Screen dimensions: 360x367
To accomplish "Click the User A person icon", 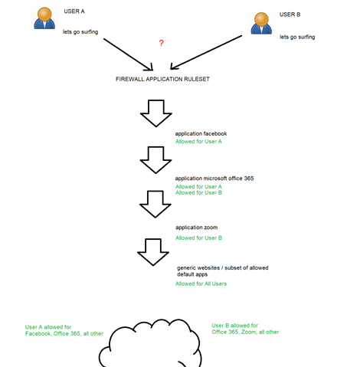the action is click(x=44, y=18).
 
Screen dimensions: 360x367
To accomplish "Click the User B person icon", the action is click(x=261, y=23).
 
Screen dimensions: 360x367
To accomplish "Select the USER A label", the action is click(x=74, y=11).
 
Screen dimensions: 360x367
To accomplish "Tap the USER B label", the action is click(x=290, y=15).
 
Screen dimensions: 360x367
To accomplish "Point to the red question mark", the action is click(x=161, y=43).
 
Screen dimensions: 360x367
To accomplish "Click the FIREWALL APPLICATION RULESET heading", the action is click(x=162, y=79).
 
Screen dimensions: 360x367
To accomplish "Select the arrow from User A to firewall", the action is click(x=128, y=54).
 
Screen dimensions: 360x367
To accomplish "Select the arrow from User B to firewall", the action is click(x=206, y=52).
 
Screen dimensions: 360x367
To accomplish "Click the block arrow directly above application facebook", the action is click(x=156, y=113).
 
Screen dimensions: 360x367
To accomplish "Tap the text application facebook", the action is click(x=201, y=133).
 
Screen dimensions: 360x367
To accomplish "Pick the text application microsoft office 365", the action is click(x=214, y=179).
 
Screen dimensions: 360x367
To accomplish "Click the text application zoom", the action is click(x=197, y=228).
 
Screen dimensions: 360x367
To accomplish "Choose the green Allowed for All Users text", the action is click(x=201, y=283).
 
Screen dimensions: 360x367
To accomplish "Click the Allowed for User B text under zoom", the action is click(x=198, y=238).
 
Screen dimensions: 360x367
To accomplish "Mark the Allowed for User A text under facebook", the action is click(x=198, y=142).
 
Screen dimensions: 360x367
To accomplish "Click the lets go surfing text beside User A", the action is click(x=80, y=32).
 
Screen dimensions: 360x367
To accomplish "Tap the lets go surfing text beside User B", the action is click(x=297, y=37).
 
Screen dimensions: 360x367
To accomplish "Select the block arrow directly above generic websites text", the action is click(x=153, y=252).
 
